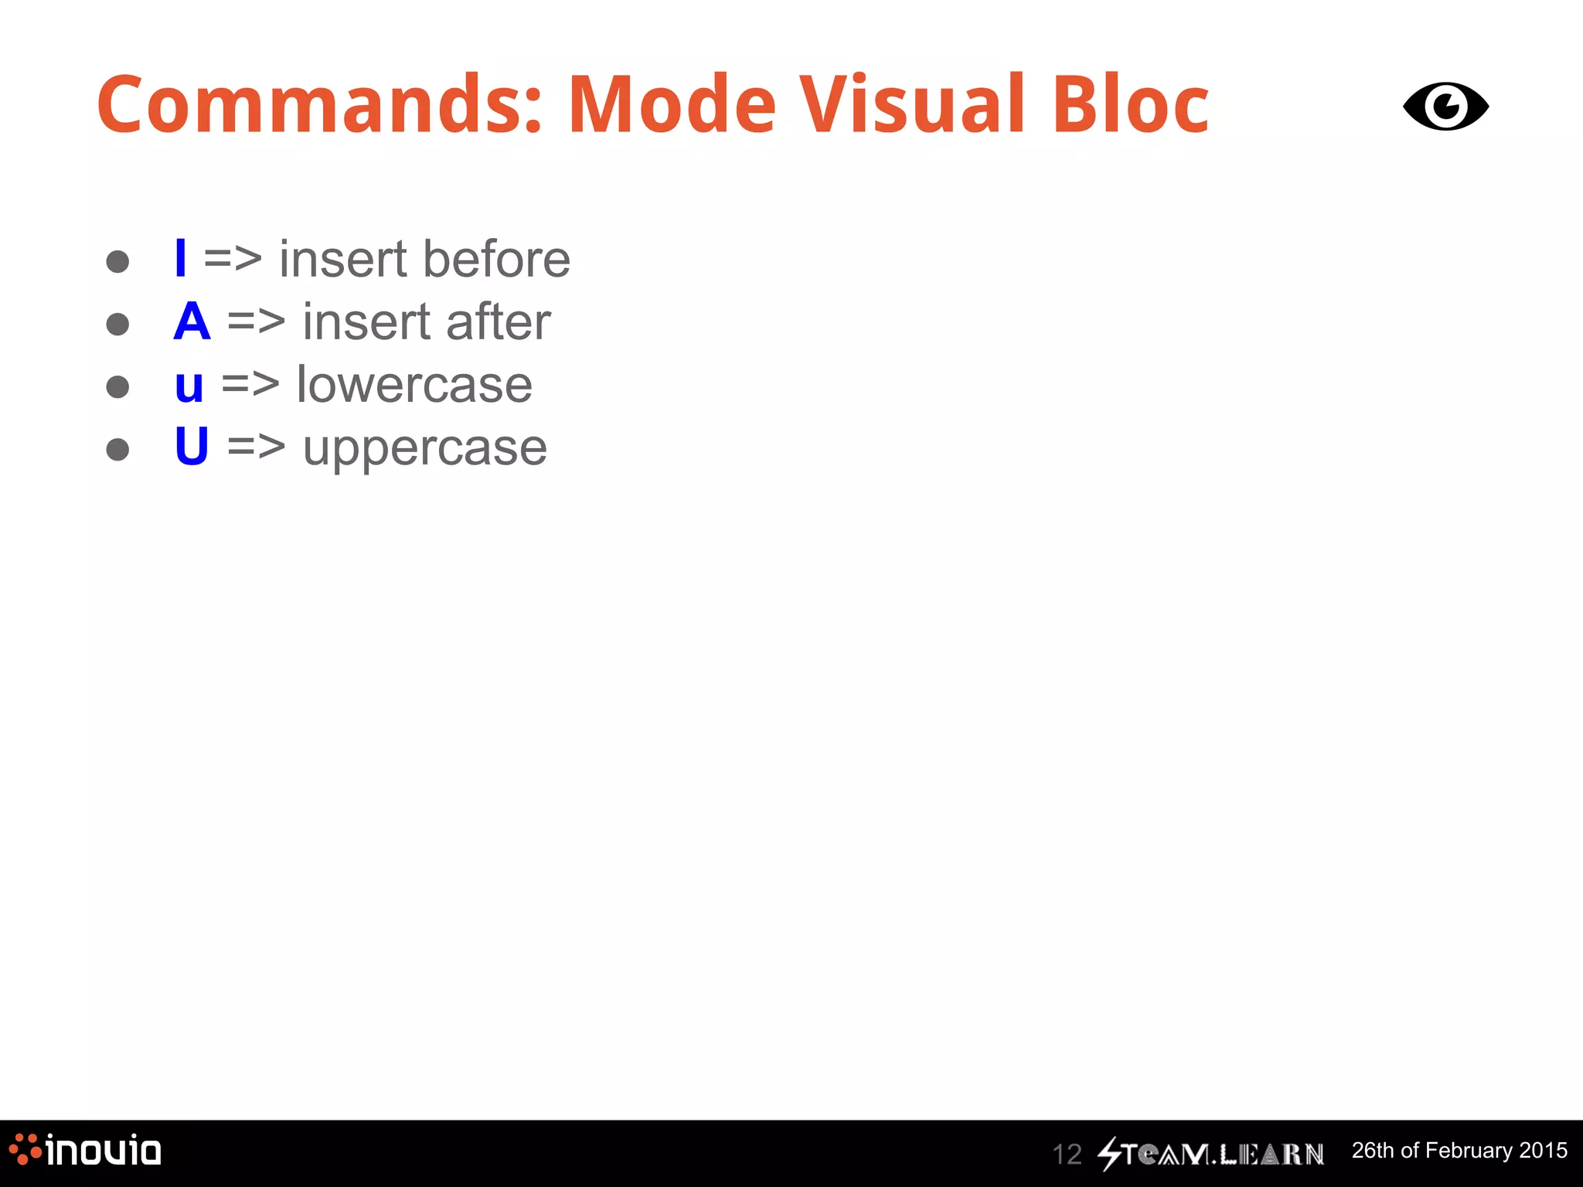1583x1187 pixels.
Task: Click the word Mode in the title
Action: pyautogui.click(x=672, y=105)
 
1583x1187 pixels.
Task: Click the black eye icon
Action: pyautogui.click(x=1445, y=107)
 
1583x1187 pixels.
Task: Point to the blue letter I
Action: pyautogui.click(x=181, y=258)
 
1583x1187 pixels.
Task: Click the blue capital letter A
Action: pyautogui.click(x=192, y=321)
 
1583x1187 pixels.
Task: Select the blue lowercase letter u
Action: pyautogui.click(x=189, y=386)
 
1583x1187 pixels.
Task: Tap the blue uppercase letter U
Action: pyautogui.click(x=192, y=446)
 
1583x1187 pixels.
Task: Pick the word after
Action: pyautogui.click(x=498, y=321)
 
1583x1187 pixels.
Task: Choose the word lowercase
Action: pyautogui.click(x=414, y=385)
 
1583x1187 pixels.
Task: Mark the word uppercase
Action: pyautogui.click(x=424, y=449)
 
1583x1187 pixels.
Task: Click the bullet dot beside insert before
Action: pyautogui.click(x=117, y=261)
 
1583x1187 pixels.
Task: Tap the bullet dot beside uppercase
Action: pyautogui.click(x=117, y=449)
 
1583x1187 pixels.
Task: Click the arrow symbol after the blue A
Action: pyautogui.click(x=257, y=321)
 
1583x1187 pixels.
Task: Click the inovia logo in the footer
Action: pyautogui.click(x=85, y=1151)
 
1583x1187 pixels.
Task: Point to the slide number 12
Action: pyautogui.click(x=1067, y=1155)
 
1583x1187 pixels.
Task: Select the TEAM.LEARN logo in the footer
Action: pyautogui.click(x=1211, y=1154)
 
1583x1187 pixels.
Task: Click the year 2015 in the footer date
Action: pyautogui.click(x=1543, y=1150)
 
